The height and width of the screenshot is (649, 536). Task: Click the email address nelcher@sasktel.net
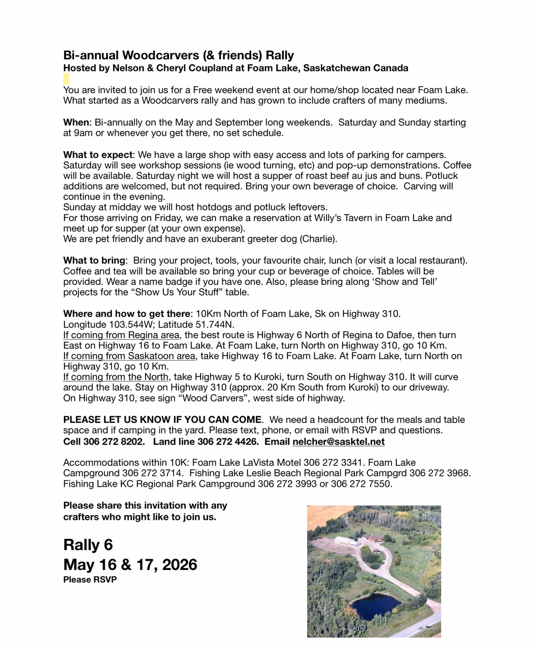pos(339,442)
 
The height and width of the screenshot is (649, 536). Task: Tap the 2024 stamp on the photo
pos(360,628)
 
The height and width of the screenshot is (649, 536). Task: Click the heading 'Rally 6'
pos(88,545)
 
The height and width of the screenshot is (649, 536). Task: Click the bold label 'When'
pos(76,123)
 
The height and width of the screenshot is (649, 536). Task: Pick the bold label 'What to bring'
pos(94,261)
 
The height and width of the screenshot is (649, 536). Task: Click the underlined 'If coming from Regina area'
pos(121,335)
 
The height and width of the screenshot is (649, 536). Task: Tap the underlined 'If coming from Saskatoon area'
pos(129,356)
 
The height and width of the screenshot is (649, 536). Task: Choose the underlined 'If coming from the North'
pos(116,377)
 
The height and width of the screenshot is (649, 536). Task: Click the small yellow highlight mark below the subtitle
pos(66,79)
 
